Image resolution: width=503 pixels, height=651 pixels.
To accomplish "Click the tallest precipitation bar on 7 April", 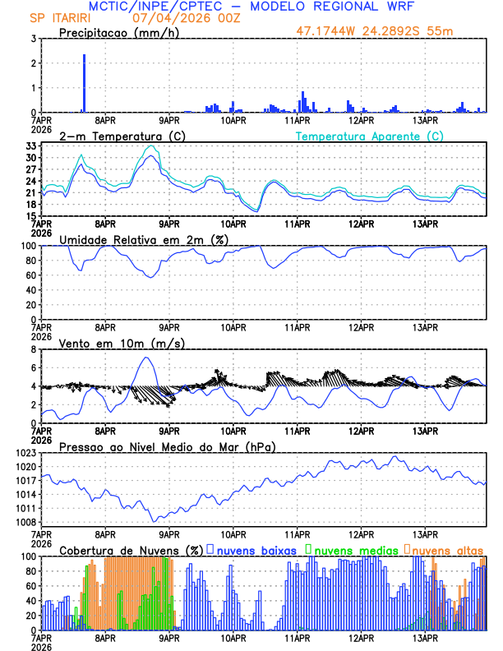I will pyautogui.click(x=84, y=82).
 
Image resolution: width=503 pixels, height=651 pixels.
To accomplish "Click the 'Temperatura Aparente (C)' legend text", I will pyautogui.click(x=370, y=136).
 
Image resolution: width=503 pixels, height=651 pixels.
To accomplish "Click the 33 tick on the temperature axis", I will pyautogui.click(x=30, y=145).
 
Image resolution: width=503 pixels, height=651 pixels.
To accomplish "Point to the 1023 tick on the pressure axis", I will pyautogui.click(x=25, y=453).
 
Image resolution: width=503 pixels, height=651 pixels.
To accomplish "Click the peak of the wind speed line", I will pyautogui.click(x=146, y=358).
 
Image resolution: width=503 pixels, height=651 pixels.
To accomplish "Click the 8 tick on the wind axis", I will pyautogui.click(x=34, y=349).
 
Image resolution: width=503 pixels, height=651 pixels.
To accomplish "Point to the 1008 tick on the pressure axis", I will pyautogui.click(x=25, y=522).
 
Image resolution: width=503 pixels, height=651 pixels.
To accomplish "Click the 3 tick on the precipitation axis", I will pyautogui.click(x=34, y=39).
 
